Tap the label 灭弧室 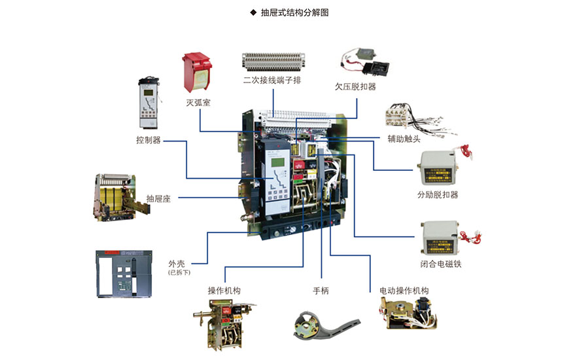pos(198,102)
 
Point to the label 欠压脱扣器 pos(355,86)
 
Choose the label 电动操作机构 pos(404,290)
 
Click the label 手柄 pos(321,290)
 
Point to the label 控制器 pos(148,140)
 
